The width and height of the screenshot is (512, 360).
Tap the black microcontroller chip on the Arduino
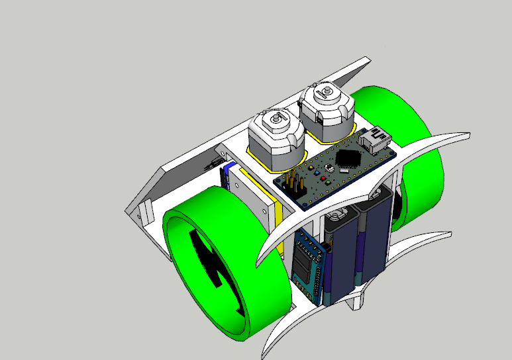348,159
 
